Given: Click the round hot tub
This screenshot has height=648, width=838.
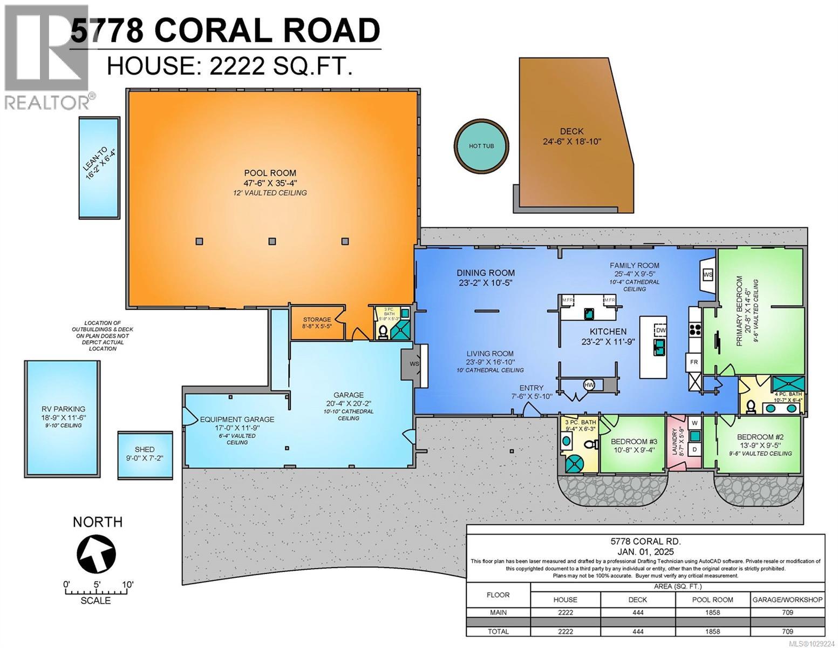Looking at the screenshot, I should coord(481,145).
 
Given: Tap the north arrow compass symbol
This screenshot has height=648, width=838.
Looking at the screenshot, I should coord(97,553).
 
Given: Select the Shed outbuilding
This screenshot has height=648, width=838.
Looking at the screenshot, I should coord(145,455).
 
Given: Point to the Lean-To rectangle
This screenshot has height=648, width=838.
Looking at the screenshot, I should coord(99,168).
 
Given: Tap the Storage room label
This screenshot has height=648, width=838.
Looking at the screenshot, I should coord(317,320).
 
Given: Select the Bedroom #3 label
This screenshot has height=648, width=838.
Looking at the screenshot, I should coord(634,441).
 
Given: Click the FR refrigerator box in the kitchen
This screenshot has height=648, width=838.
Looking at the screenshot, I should coord(694,361).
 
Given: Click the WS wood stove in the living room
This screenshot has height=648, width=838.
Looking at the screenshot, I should coord(414,363).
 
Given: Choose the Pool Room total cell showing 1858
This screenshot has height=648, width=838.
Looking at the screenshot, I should coord(712,631).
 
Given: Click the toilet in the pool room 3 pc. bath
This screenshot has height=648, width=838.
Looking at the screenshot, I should coord(383,330).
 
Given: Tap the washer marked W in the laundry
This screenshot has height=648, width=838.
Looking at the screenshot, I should coord(695,422).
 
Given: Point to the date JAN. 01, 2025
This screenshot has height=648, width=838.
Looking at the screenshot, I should coord(645,552).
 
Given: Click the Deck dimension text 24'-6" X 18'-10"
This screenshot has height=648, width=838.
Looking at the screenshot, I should coord(571,141).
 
